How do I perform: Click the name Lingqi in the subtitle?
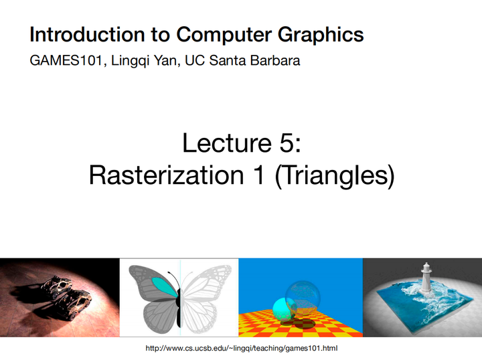(x=127, y=62)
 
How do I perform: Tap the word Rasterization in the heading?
(x=159, y=175)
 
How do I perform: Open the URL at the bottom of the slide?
(x=242, y=349)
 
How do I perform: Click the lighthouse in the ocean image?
(x=425, y=278)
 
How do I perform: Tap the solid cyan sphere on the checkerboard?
(x=282, y=310)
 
